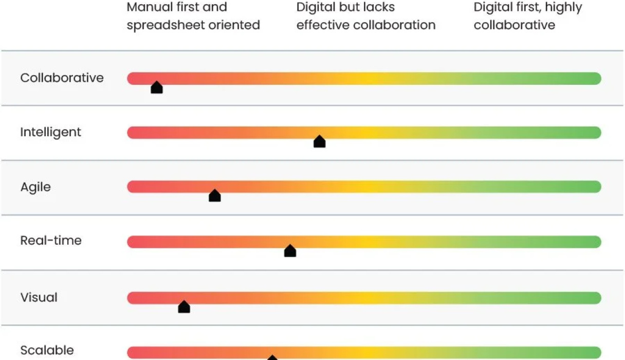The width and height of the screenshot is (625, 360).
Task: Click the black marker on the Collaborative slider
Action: tap(157, 88)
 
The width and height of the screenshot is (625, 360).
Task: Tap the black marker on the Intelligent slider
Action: tap(319, 142)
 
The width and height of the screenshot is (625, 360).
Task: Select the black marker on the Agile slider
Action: tap(215, 196)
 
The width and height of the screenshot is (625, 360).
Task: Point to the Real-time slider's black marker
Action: tap(290, 251)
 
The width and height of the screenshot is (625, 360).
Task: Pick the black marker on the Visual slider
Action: tap(184, 307)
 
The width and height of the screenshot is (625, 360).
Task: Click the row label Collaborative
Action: tap(62, 78)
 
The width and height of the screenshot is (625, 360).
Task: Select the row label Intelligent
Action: tap(50, 132)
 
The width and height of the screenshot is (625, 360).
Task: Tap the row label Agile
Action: tap(35, 187)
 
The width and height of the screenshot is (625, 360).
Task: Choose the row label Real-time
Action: tap(51, 241)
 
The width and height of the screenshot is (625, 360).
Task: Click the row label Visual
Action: tap(39, 297)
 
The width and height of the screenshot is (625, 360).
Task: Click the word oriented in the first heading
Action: tap(235, 25)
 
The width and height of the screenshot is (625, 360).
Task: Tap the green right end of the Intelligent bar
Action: tap(595, 133)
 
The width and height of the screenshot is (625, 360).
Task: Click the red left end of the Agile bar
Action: tap(133, 187)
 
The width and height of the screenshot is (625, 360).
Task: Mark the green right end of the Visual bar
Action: tap(595, 298)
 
